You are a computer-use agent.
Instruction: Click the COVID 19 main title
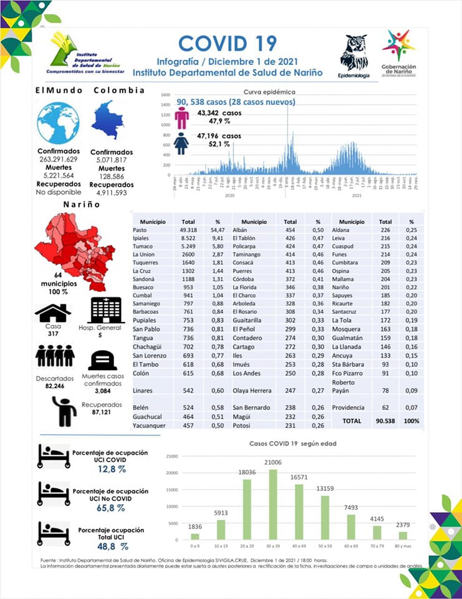[x=227, y=43]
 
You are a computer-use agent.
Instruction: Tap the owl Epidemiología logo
[x=354, y=54]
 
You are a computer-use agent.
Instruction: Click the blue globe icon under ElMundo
[x=58, y=122]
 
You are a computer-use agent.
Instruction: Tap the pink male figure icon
[x=182, y=117]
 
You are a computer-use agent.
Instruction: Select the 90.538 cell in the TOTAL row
[x=385, y=421]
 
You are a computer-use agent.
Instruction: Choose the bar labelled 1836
[x=195, y=537]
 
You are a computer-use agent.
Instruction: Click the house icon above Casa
[x=52, y=313]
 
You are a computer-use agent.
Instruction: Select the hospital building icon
[x=107, y=310]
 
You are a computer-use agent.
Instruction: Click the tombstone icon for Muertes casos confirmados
[x=103, y=361]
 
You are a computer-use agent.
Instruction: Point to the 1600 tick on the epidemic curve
[x=166, y=95]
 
